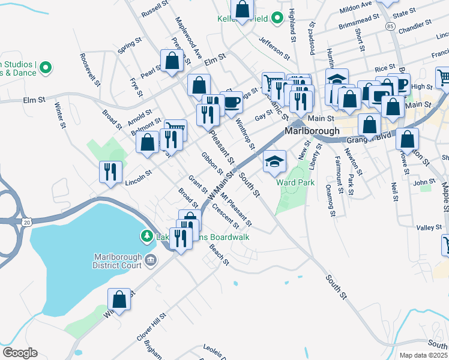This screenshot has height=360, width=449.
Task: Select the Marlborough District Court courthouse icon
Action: tap(150, 260)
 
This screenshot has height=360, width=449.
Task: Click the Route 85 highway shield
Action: tap(391, 27)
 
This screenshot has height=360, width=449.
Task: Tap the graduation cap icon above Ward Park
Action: tap(274, 161)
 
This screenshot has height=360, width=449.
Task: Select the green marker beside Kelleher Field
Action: tap(277, 19)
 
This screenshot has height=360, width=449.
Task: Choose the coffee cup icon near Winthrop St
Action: tap(232, 102)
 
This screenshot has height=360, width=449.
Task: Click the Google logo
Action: tap(20, 352)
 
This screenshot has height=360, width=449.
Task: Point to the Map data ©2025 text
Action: tap(423, 355)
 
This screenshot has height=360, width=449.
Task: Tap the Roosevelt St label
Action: tap(88, 66)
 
